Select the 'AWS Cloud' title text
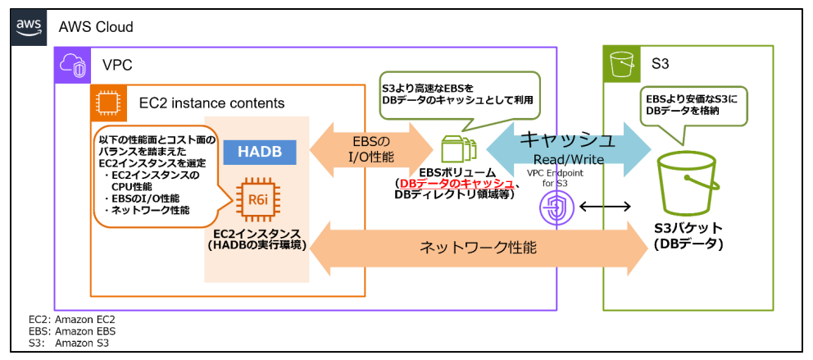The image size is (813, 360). (96, 27)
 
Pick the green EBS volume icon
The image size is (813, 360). (456, 151)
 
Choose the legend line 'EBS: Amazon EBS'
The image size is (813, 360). (71, 330)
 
